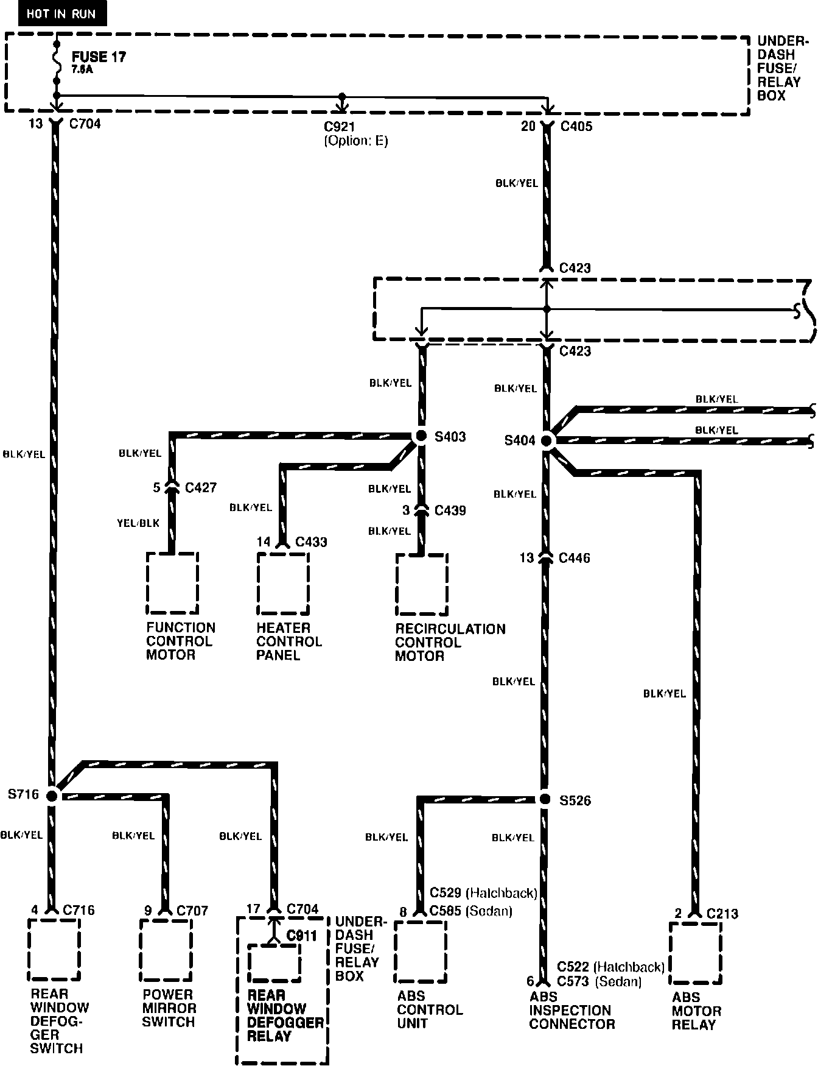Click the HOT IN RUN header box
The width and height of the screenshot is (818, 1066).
[x=61, y=14]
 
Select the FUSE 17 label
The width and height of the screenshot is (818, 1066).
[x=99, y=58]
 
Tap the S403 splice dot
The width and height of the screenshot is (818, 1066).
[x=420, y=436]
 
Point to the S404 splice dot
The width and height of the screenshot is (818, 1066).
[x=547, y=440]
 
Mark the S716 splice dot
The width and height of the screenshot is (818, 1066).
[x=52, y=795]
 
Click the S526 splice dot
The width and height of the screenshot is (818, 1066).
[x=545, y=799]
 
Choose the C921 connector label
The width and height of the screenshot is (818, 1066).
[x=340, y=127]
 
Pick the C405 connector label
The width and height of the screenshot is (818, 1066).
[x=576, y=127]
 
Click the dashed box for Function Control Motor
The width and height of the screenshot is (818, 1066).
[x=172, y=584]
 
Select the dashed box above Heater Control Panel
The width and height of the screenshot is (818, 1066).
[x=282, y=584]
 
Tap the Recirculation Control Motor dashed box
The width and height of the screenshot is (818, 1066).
[x=422, y=585]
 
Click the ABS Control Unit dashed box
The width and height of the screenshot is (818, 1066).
[x=420, y=951]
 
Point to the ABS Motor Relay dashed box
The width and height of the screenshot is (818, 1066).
[x=695, y=953]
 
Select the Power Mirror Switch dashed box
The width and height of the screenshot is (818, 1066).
[x=166, y=950]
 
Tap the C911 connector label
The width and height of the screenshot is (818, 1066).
[x=302, y=936]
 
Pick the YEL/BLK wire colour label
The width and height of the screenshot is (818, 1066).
[x=138, y=523]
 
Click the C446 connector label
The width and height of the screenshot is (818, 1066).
[x=574, y=558]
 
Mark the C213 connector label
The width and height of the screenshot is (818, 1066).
[x=722, y=914]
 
